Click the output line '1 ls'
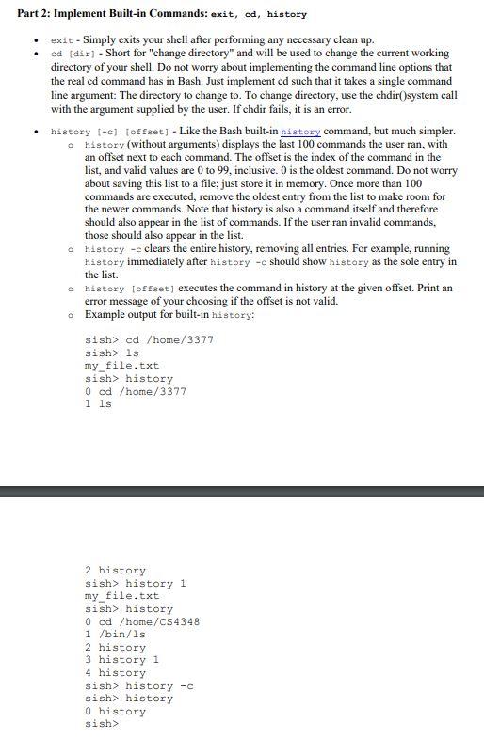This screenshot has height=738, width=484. click(x=98, y=404)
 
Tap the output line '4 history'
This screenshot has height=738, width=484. click(x=115, y=673)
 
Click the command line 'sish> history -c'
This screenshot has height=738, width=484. click(x=138, y=685)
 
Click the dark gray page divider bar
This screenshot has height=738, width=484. click(x=242, y=491)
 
